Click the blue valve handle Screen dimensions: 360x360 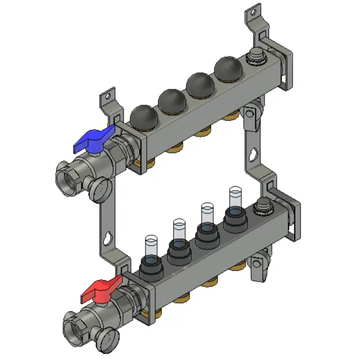pos(93,140)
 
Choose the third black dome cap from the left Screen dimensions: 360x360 pos(199,83)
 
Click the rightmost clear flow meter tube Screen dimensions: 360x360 pos(235,198)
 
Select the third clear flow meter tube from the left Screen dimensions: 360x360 pos(206,214)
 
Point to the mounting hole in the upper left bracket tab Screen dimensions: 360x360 pos(106,98)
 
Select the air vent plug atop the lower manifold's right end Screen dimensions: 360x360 pos(262,205)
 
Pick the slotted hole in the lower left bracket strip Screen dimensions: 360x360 pos(109,236)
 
